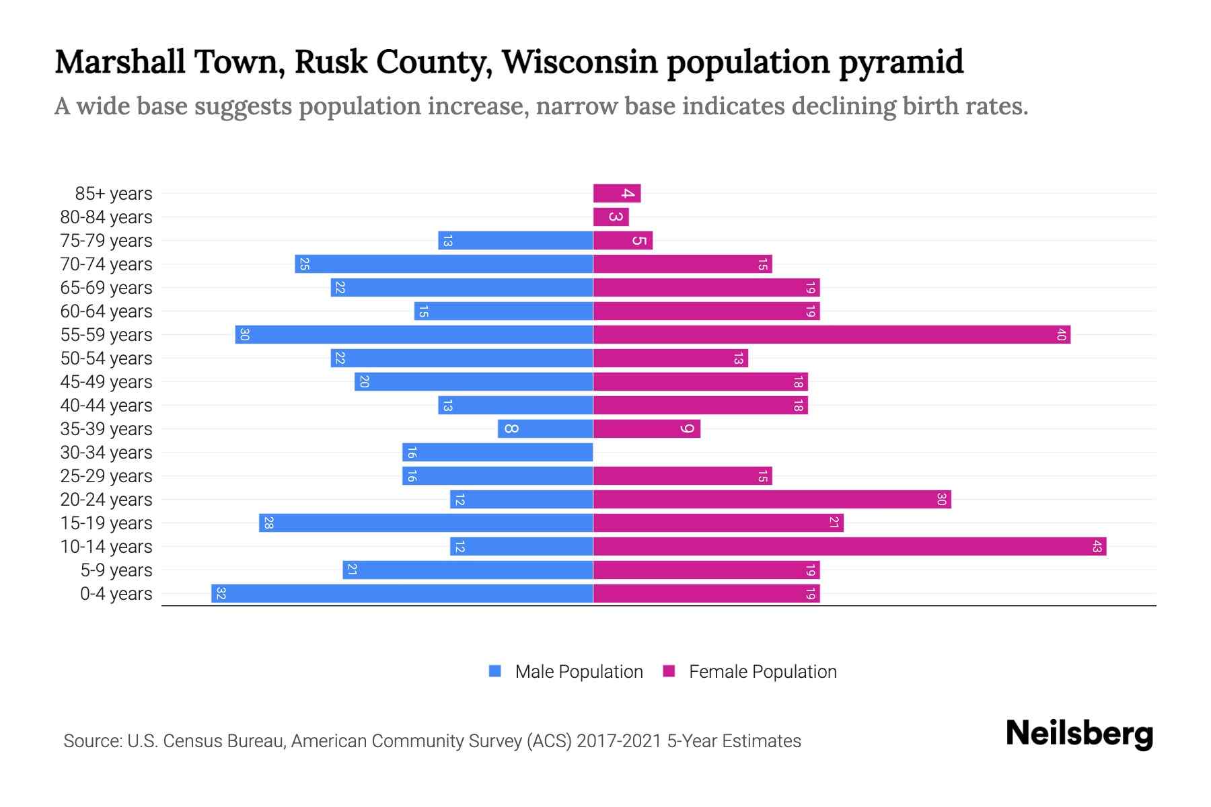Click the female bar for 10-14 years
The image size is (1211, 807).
point(849,547)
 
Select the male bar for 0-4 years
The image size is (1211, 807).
point(402,594)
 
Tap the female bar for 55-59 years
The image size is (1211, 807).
point(832,335)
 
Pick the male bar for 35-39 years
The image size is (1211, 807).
point(545,429)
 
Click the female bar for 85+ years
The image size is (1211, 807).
point(616,194)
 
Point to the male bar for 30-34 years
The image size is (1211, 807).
point(497,453)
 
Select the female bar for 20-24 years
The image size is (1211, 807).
point(772,500)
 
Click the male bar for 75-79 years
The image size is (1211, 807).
point(515,241)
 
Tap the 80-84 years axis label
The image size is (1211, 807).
point(106,217)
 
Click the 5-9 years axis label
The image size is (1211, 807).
point(116,570)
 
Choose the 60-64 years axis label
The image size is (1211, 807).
point(106,311)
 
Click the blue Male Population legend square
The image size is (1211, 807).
point(495,671)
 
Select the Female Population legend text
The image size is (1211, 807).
point(762,672)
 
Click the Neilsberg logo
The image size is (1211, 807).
point(1079,734)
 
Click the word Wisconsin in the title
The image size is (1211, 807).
point(579,62)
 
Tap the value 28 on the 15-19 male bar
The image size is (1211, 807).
point(268,523)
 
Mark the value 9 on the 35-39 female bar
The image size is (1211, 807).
point(687,429)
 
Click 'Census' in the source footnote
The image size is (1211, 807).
point(192,741)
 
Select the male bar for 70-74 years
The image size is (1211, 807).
point(443,264)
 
